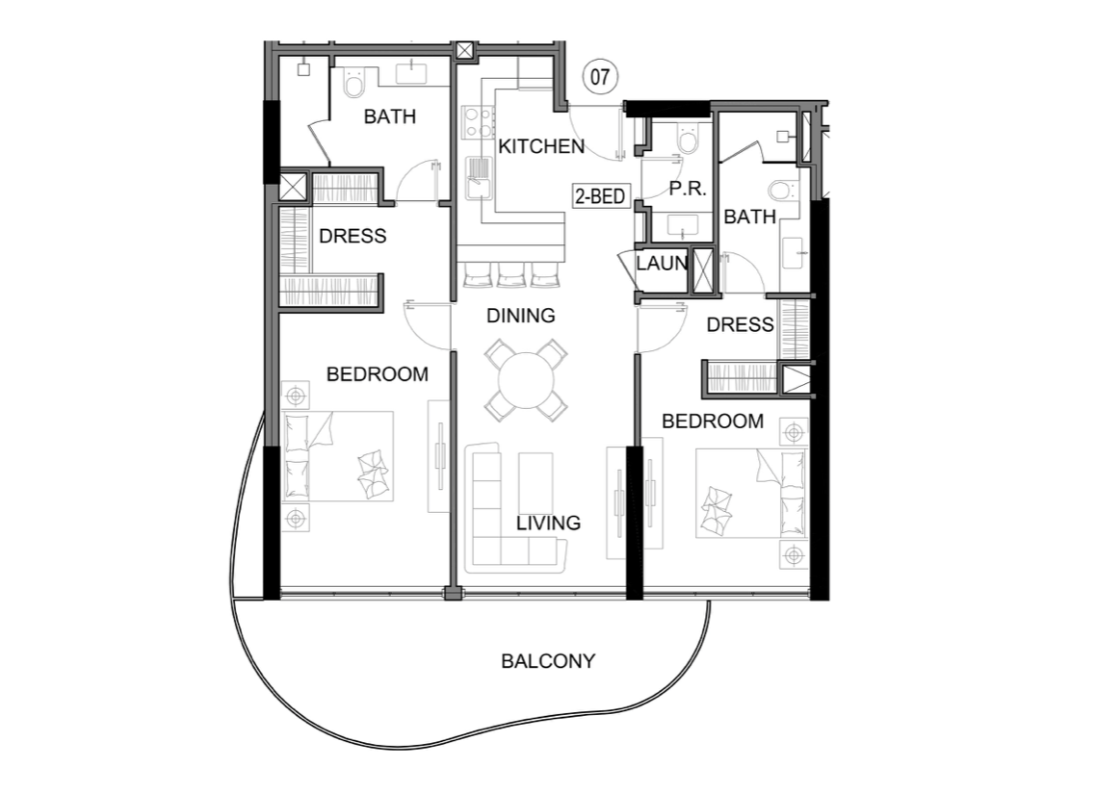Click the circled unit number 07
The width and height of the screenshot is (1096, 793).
(x=600, y=76)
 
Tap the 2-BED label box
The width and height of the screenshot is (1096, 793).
(x=600, y=196)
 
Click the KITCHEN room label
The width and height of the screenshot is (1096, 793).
(x=541, y=146)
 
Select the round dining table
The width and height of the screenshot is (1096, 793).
(x=527, y=380)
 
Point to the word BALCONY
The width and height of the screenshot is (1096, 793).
(x=548, y=661)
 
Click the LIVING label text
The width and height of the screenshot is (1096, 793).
(x=548, y=523)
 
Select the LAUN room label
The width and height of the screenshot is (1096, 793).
(x=662, y=264)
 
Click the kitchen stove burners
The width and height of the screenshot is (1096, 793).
(x=477, y=121)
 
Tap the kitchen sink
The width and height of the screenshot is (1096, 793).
(x=480, y=178)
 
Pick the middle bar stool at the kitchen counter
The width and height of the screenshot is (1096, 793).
(x=511, y=274)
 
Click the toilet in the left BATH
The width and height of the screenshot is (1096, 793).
(x=354, y=83)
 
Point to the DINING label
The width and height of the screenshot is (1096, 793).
(x=521, y=316)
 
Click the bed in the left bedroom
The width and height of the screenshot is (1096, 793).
(x=338, y=455)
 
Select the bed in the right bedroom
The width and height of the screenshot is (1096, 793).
(x=752, y=494)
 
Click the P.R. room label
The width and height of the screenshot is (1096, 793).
(x=687, y=189)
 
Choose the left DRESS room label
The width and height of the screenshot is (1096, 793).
(x=352, y=236)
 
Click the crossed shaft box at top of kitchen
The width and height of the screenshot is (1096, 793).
(x=465, y=51)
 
